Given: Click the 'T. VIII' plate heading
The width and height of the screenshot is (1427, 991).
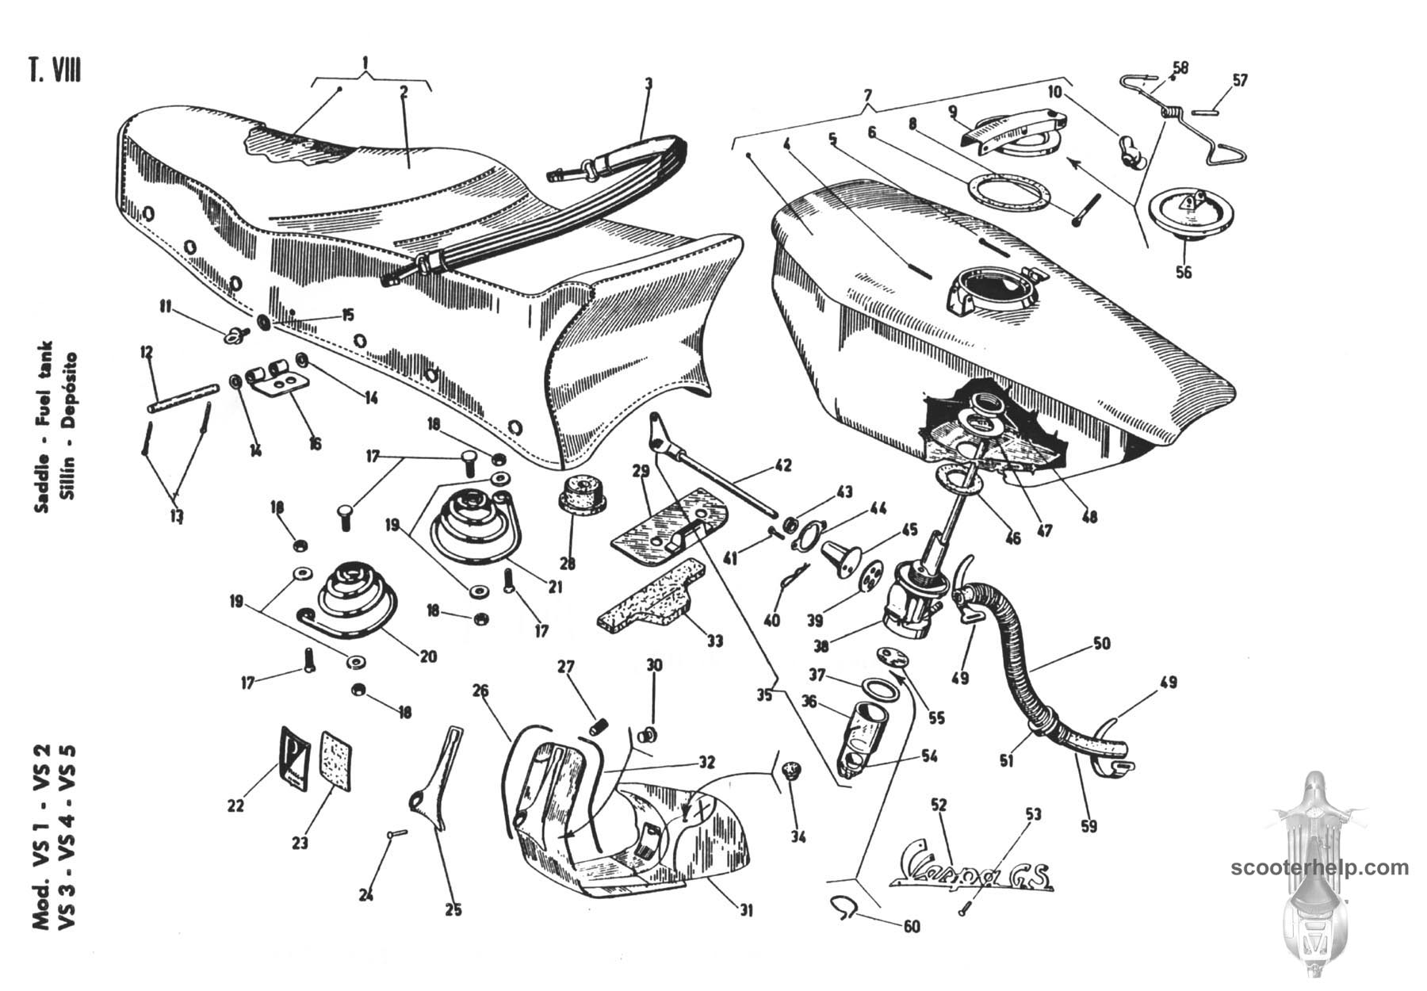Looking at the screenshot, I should (x=55, y=71).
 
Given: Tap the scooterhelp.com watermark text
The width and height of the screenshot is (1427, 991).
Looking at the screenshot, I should (x=1320, y=868).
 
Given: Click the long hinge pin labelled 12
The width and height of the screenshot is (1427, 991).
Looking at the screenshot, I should (x=182, y=399).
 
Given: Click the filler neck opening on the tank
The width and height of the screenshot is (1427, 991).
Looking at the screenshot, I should (x=992, y=289).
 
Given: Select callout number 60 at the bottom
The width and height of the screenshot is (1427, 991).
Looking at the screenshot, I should (x=912, y=926).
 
